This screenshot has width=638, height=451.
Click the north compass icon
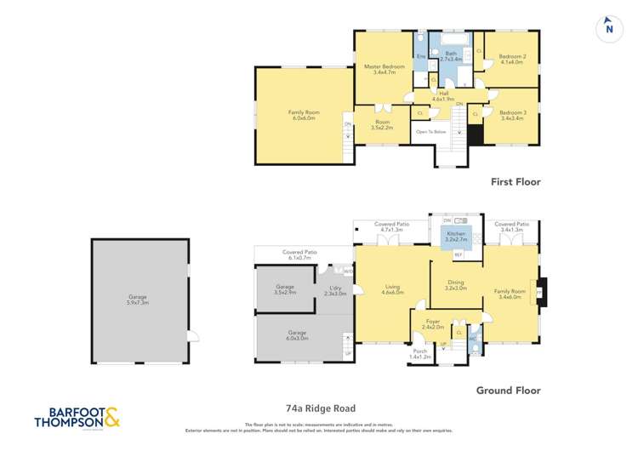tap(608, 27)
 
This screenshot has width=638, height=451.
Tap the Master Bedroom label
tap(385, 70)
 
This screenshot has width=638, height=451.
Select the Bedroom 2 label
tap(512, 60)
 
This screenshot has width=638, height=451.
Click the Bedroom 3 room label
tap(512, 116)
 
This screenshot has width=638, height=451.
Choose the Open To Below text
tap(430, 132)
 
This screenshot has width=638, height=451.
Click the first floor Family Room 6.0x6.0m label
tap(301, 115)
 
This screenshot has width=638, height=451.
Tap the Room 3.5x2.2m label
tap(383, 124)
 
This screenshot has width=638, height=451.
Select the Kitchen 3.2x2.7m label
tap(457, 237)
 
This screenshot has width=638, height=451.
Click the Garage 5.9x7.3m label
tap(138, 300)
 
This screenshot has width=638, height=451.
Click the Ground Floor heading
tap(509, 391)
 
